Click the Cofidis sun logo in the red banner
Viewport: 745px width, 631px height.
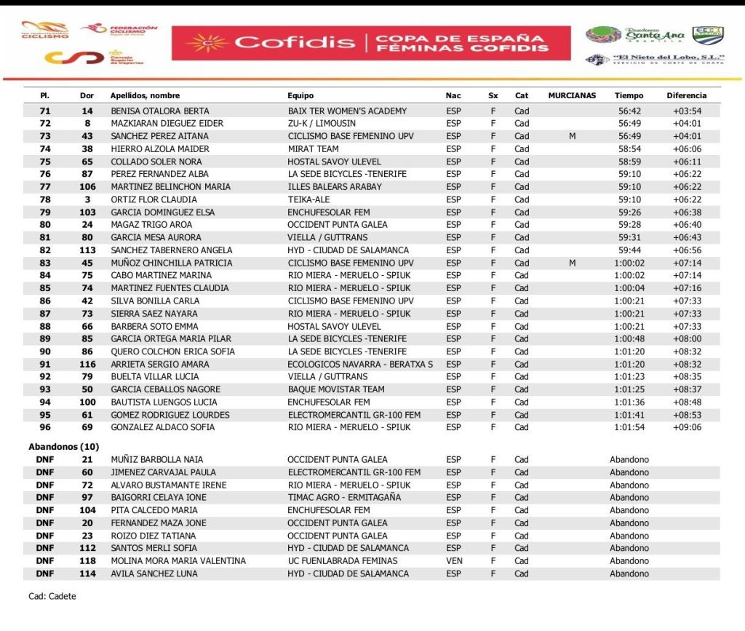[x=207, y=43]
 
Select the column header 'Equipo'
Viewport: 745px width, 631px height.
[x=300, y=95]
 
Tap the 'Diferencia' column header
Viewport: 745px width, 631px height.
[x=686, y=95]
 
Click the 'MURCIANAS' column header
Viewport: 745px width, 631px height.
[x=572, y=95]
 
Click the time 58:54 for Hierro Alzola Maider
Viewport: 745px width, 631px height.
[x=629, y=149]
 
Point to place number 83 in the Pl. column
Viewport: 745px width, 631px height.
[x=45, y=263]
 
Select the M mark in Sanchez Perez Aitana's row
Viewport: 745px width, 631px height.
[x=572, y=136]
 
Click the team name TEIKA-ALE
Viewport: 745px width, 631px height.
[x=309, y=199]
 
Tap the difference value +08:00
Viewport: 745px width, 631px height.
[x=687, y=339]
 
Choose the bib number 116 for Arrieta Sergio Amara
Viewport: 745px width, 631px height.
[x=87, y=365]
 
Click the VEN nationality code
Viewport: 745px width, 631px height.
[x=454, y=561]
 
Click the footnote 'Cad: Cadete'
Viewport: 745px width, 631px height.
[x=52, y=597]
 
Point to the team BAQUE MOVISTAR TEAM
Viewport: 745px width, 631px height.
[x=336, y=390]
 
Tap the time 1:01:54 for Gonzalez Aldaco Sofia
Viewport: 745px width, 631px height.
[x=629, y=428]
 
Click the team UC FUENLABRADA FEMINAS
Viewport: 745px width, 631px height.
[x=343, y=561]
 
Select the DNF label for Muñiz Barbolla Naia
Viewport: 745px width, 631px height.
[x=45, y=460]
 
